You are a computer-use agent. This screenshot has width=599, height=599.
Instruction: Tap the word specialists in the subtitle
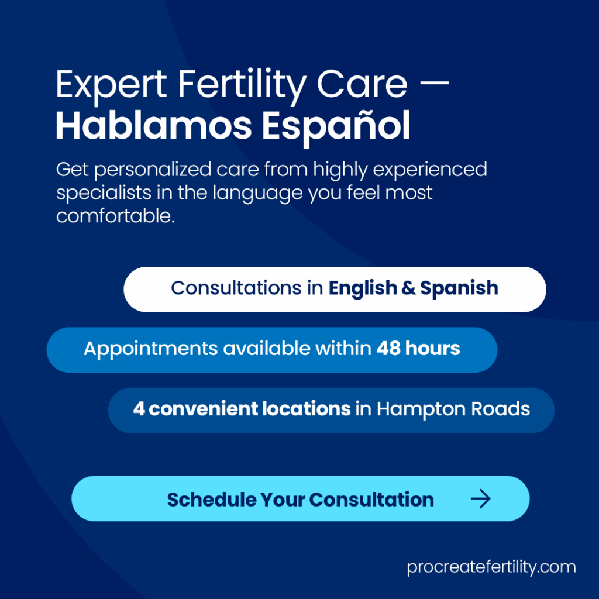tap(104, 194)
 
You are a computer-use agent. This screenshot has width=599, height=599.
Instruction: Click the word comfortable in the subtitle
tap(115, 216)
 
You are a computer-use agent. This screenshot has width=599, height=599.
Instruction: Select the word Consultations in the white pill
tap(236, 288)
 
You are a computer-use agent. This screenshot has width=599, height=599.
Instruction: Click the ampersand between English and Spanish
tap(408, 288)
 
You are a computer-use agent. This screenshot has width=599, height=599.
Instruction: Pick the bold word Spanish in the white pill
tap(459, 289)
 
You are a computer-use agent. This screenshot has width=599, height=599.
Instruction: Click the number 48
tap(388, 349)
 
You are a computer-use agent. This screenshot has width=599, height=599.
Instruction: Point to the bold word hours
tap(432, 349)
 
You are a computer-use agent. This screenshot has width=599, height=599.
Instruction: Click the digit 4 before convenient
tap(139, 409)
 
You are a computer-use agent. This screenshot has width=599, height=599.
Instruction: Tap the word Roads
tap(501, 409)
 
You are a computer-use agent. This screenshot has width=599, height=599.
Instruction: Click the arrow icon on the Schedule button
tap(481, 499)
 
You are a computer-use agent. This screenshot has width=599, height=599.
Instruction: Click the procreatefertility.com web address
tap(491, 567)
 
